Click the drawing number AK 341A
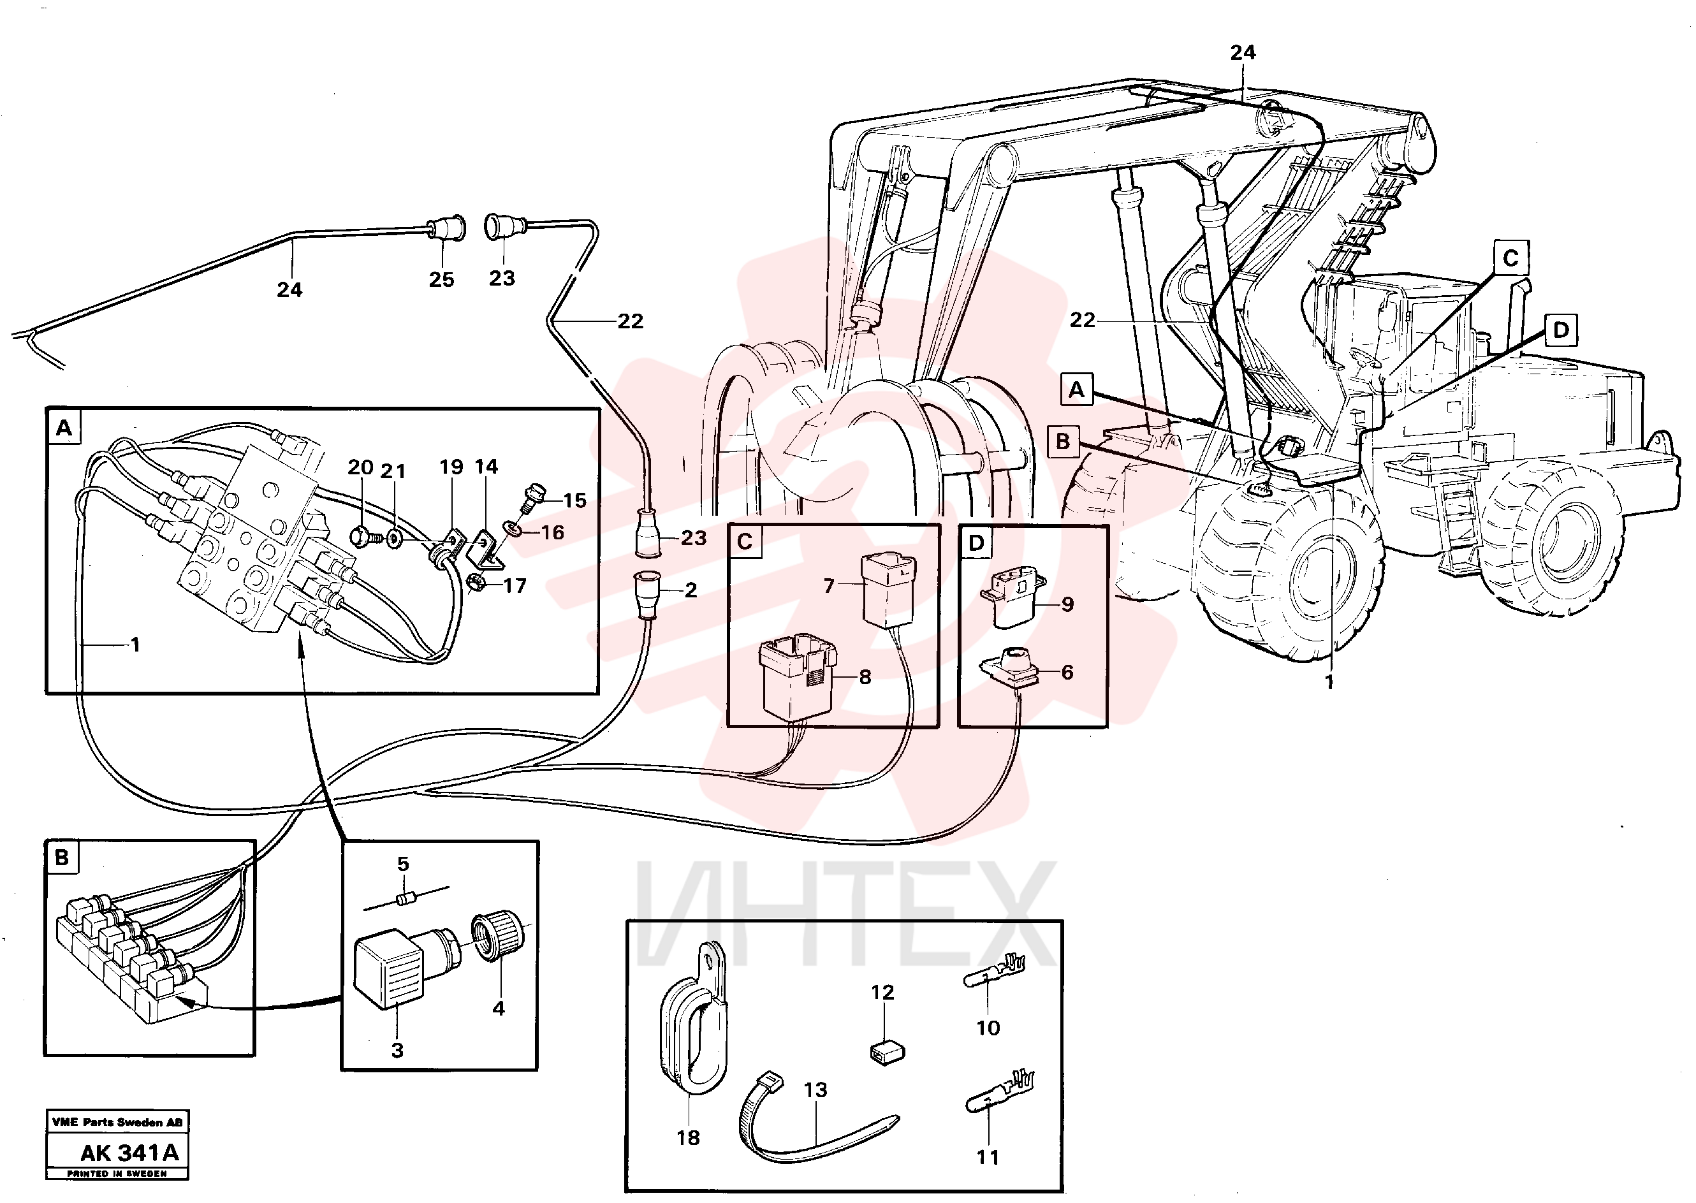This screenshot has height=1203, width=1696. [x=129, y=1153]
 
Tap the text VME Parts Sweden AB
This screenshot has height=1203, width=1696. [x=117, y=1122]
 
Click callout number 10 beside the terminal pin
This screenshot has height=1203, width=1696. [x=988, y=1028]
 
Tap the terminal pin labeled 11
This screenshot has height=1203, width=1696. [x=1000, y=1093]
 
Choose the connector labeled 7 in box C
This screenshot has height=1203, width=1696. [x=888, y=591]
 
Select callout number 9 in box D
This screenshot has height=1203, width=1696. [x=1067, y=604]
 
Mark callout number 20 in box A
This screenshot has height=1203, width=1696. [x=360, y=467]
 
